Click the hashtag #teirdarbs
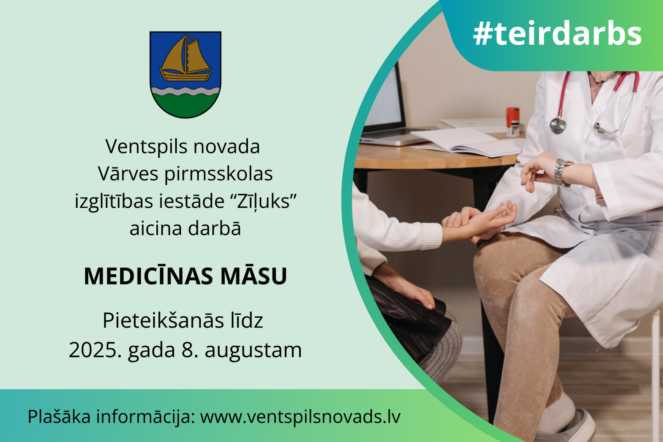tap(557, 33)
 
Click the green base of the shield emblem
tap(185, 106)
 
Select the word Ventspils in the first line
tap(146, 147)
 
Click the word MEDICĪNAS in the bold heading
tap(149, 276)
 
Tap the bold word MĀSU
tap(254, 277)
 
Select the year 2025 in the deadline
tap(95, 350)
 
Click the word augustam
tap(253, 350)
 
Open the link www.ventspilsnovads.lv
tap(300, 417)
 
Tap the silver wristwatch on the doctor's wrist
tap(562, 172)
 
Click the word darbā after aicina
tap(214, 228)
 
